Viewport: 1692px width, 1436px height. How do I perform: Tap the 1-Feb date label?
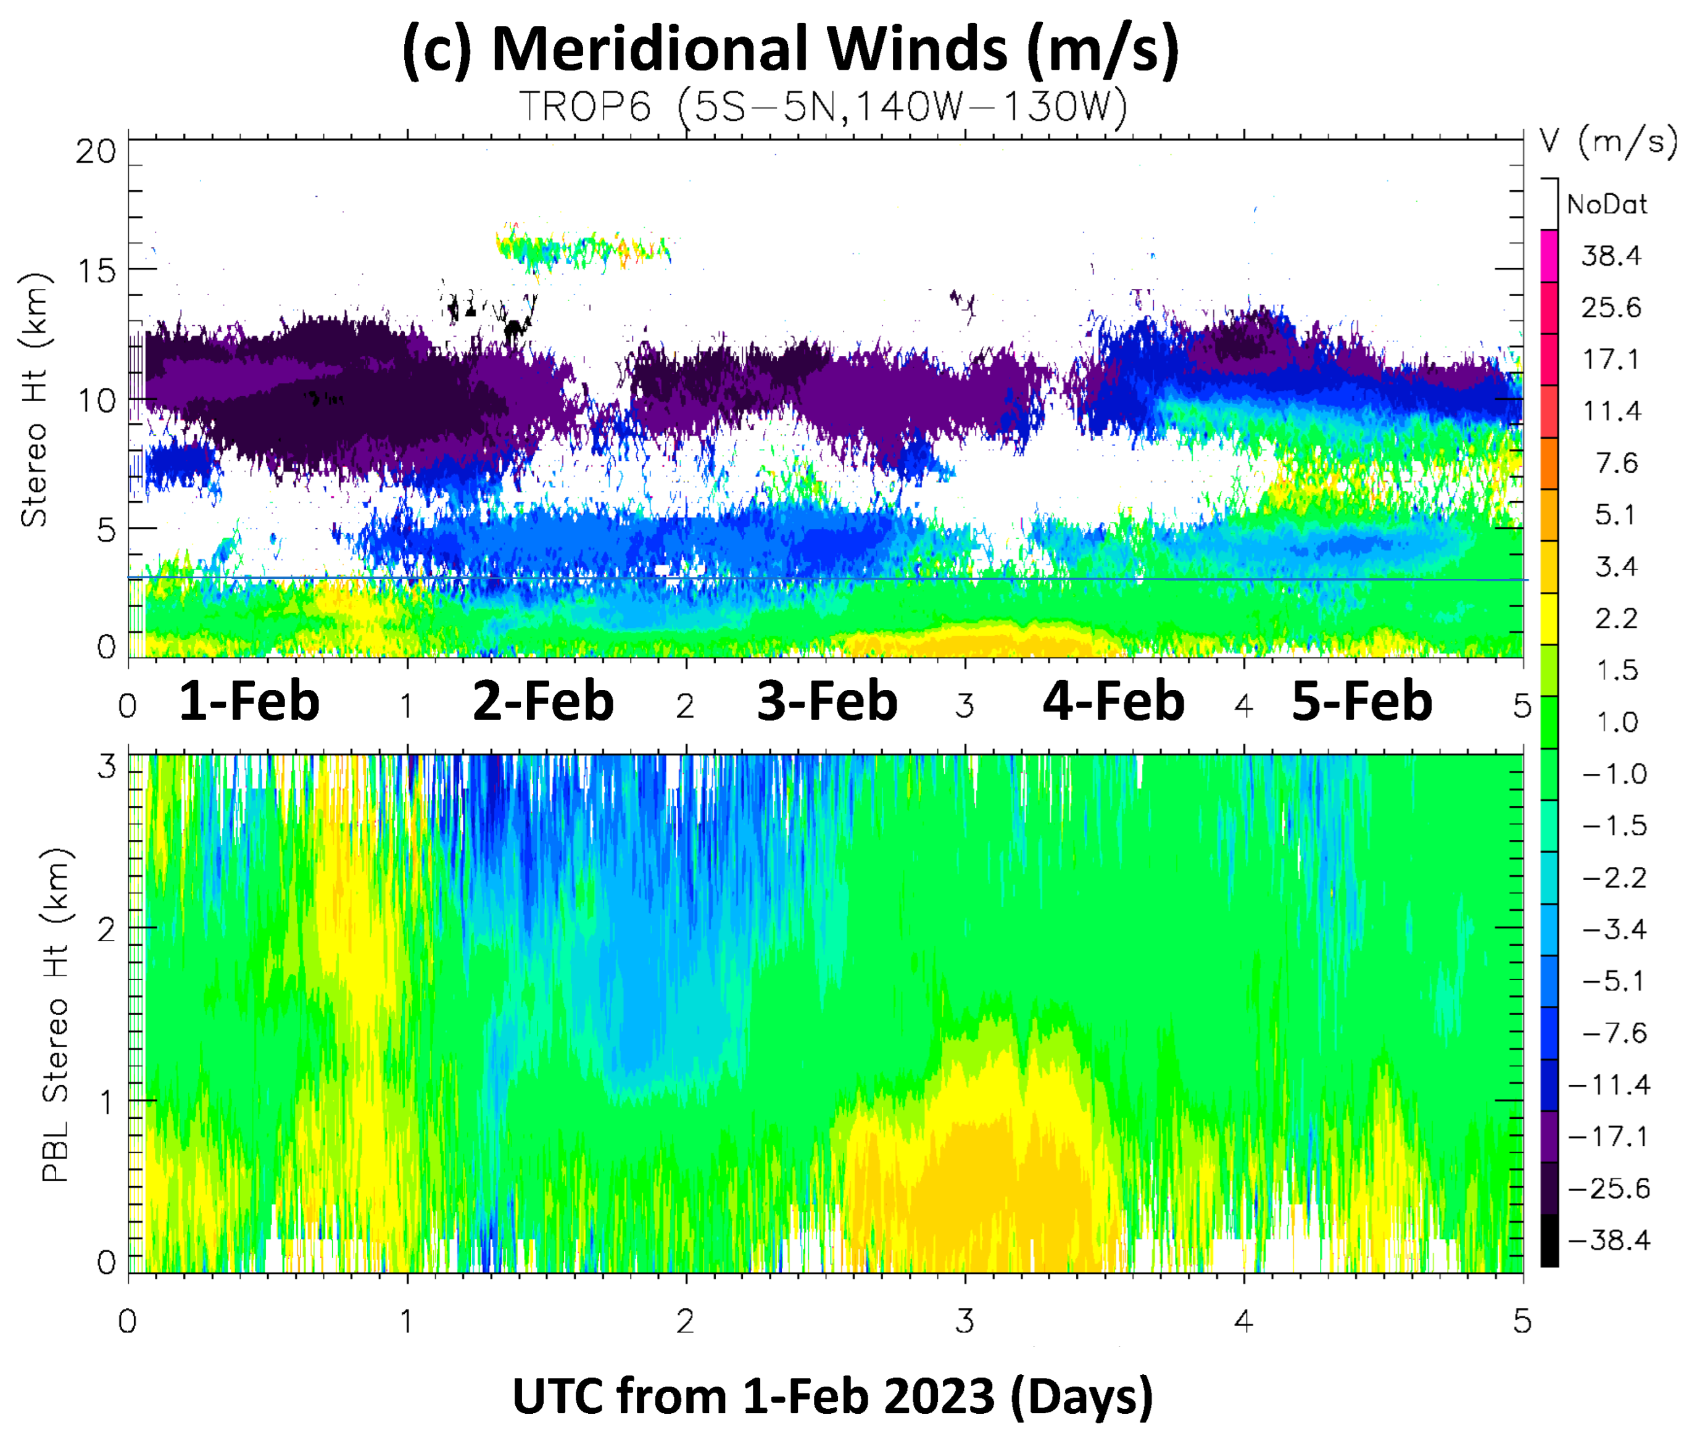click(x=249, y=702)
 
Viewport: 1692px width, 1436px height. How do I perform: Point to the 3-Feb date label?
click(x=827, y=702)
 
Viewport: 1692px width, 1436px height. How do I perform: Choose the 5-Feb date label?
click(x=1362, y=702)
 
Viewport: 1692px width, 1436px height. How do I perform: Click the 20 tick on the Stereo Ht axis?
click(x=96, y=151)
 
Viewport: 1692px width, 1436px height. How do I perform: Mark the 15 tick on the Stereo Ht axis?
click(x=96, y=271)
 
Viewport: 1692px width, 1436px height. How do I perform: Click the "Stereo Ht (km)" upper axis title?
click(x=34, y=399)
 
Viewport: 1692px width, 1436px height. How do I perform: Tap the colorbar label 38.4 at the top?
click(x=1611, y=257)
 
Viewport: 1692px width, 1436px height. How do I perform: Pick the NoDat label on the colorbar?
click(x=1607, y=204)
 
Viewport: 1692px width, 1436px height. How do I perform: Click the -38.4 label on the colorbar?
click(x=1608, y=1240)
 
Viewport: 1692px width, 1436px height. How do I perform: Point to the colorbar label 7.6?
click(x=1616, y=463)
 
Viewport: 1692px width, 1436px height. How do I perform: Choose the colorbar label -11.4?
click(x=1608, y=1085)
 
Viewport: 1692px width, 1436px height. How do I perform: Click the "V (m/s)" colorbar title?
click(x=1607, y=143)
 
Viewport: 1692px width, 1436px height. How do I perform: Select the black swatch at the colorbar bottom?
click(x=1549, y=1240)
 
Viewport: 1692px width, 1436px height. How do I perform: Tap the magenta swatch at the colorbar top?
click(x=1549, y=255)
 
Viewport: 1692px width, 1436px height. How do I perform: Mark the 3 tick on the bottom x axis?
click(x=964, y=1321)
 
